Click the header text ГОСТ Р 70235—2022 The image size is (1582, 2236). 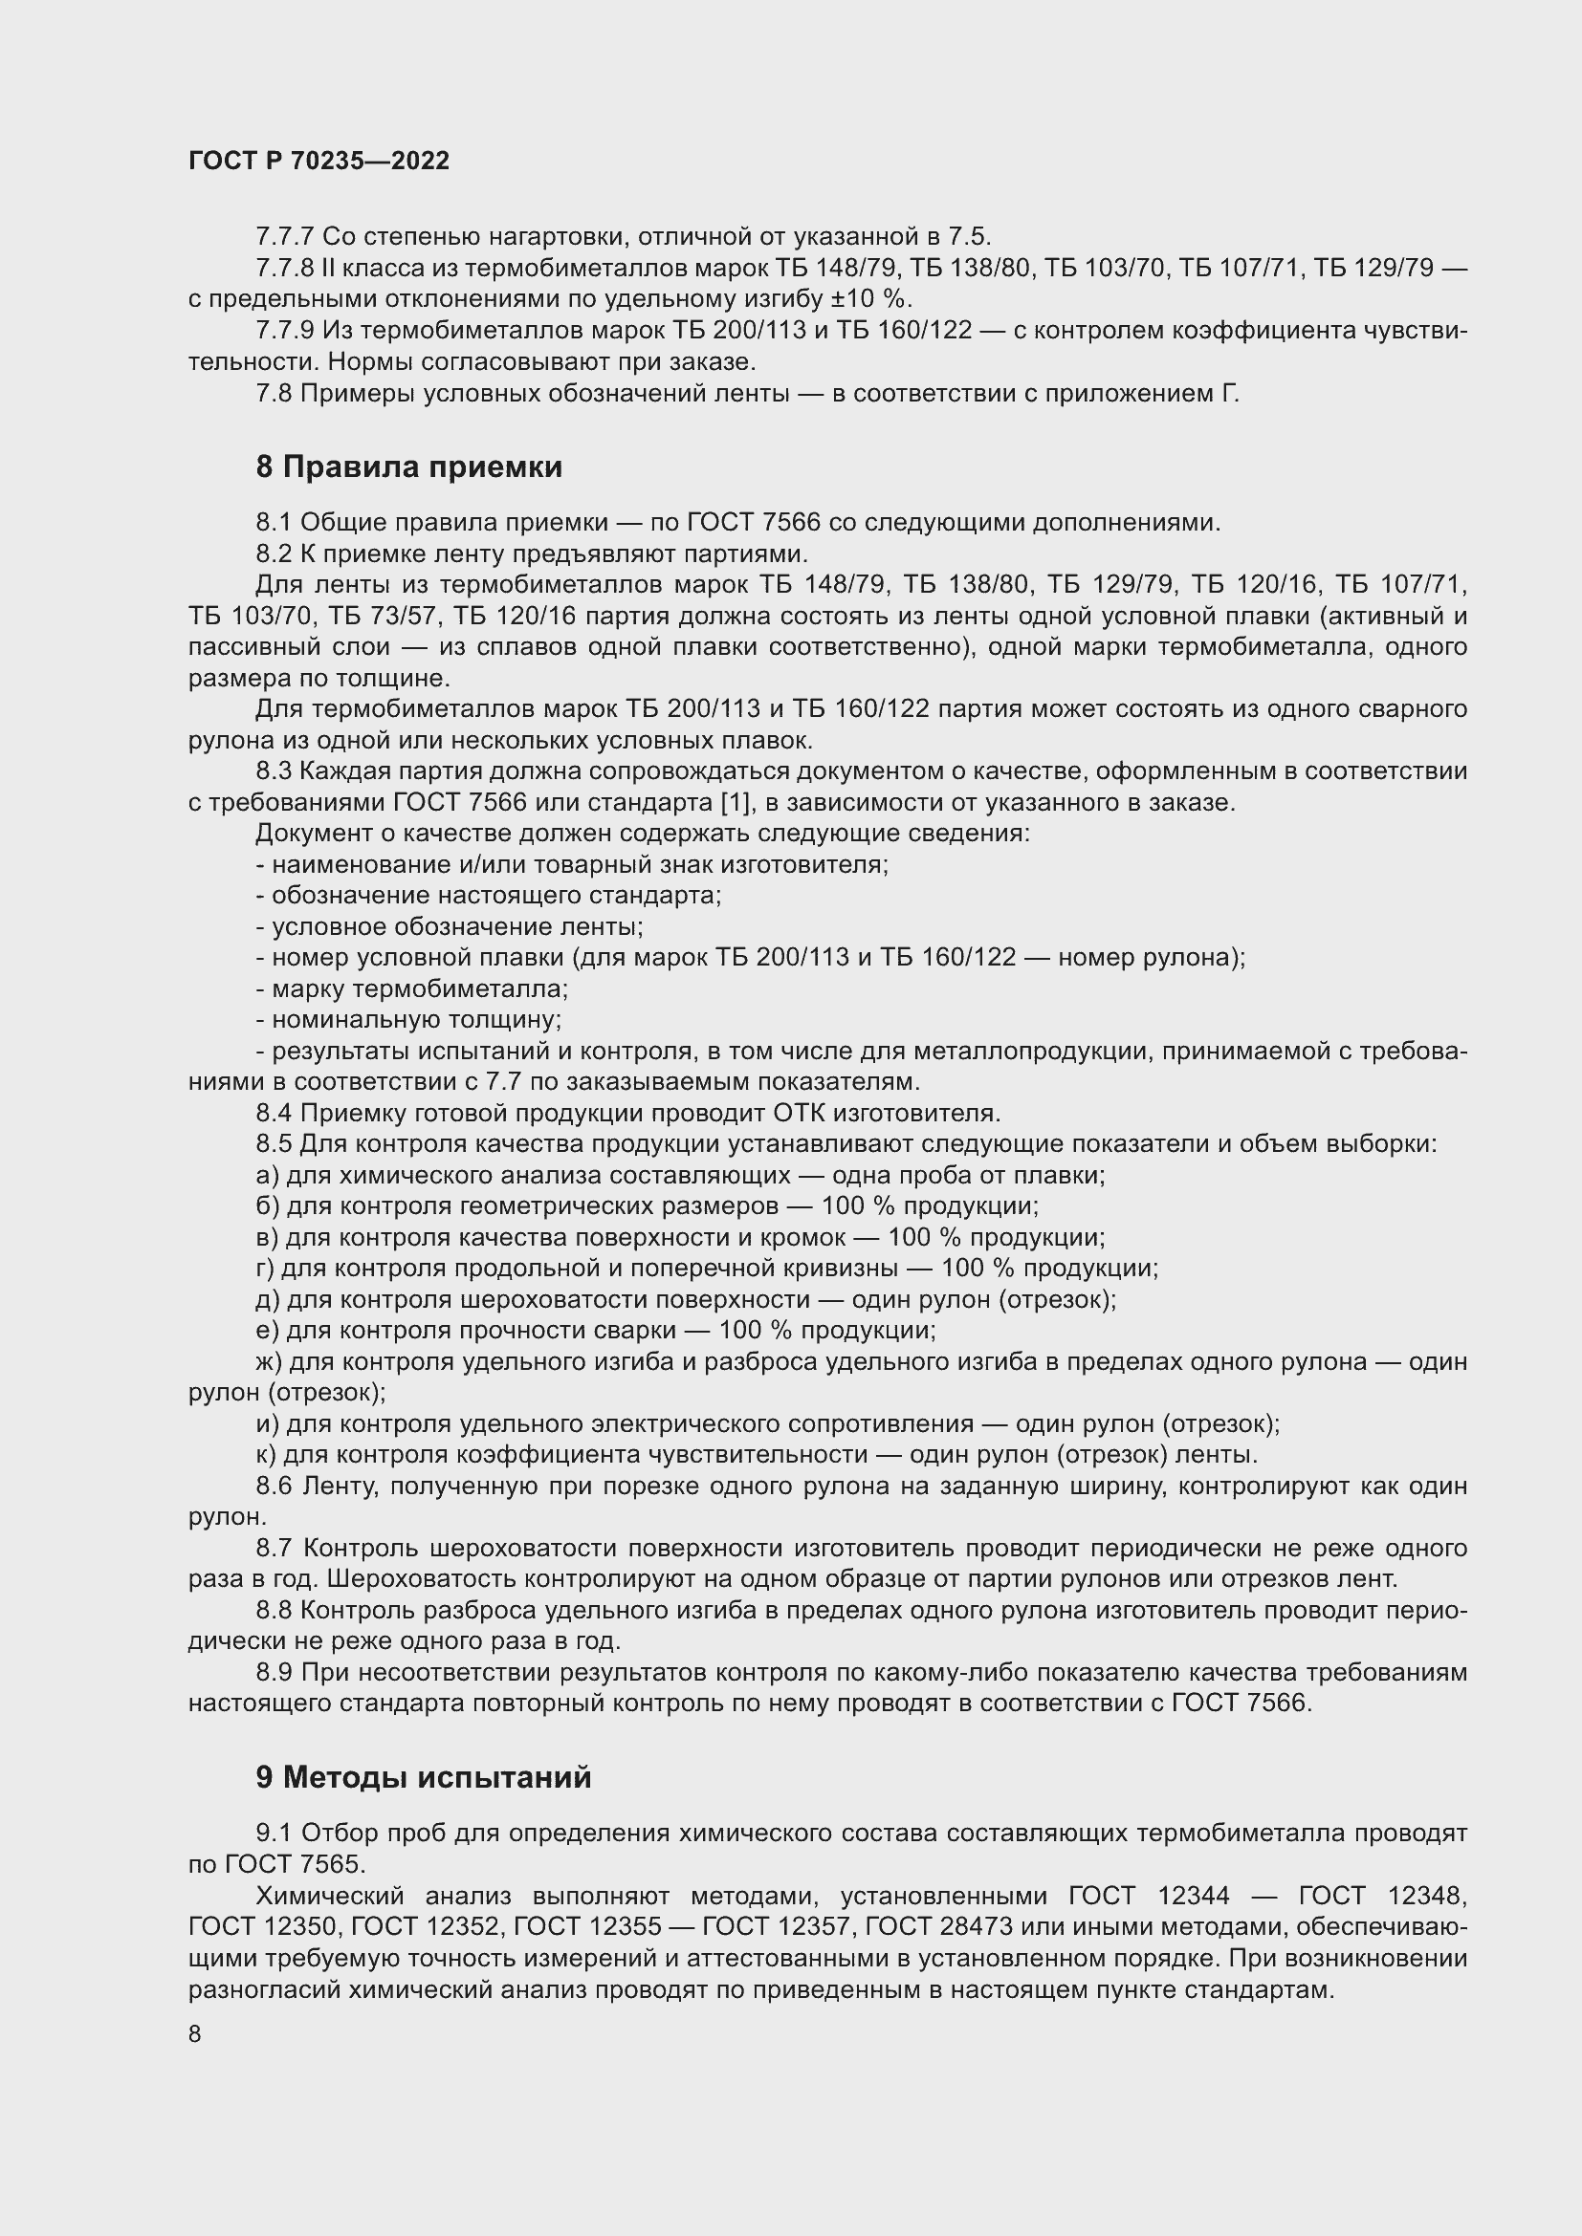(x=319, y=161)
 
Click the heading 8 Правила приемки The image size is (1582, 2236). (x=409, y=467)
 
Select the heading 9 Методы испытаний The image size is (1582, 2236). (x=424, y=1777)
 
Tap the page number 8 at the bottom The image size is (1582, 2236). (x=195, y=2034)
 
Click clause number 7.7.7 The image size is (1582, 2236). (x=284, y=237)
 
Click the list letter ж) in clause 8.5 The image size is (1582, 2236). (x=269, y=1362)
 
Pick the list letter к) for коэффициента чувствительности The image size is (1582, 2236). (x=265, y=1455)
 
